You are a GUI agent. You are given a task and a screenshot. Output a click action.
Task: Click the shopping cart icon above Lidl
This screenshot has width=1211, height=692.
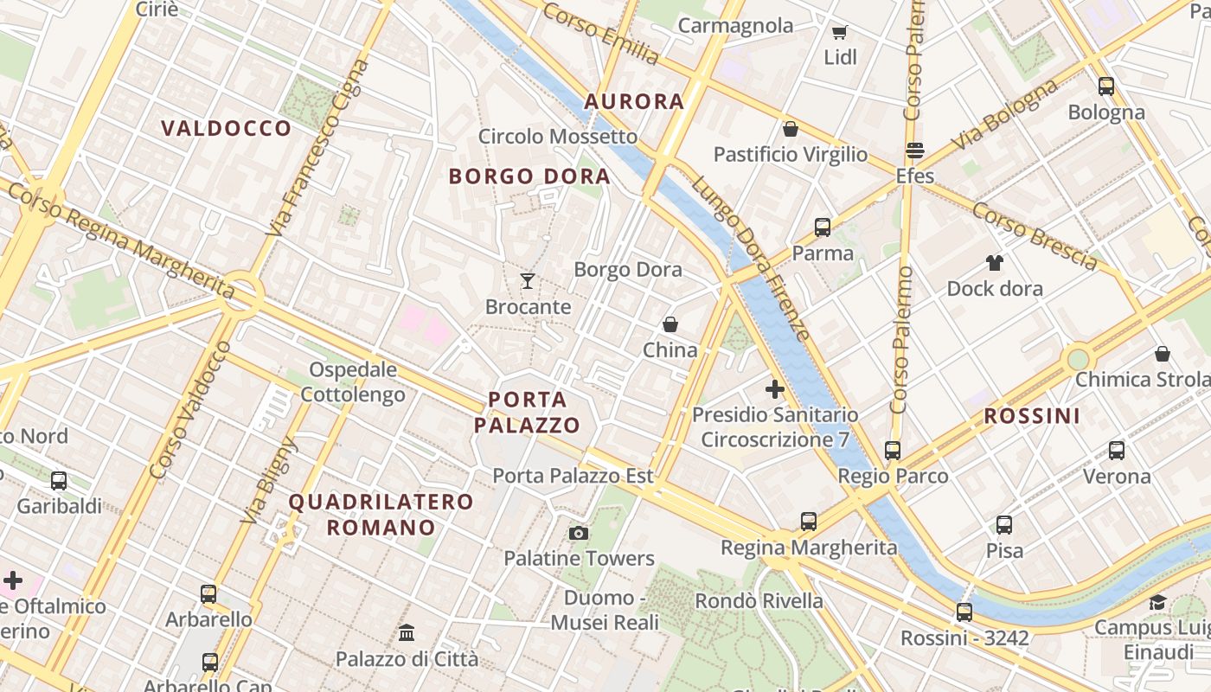tap(839, 33)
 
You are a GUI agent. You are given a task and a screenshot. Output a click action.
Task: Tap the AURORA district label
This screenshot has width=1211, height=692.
tap(634, 101)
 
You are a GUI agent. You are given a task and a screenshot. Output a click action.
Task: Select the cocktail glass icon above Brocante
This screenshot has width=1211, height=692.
tap(528, 280)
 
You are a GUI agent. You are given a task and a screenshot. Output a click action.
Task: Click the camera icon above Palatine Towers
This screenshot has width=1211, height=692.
tap(579, 533)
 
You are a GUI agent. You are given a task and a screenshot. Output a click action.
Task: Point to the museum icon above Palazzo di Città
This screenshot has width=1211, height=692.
tap(407, 633)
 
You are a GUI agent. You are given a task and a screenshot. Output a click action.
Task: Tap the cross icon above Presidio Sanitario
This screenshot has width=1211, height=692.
tap(775, 389)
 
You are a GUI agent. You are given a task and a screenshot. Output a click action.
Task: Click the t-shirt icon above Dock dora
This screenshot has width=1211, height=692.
tap(995, 262)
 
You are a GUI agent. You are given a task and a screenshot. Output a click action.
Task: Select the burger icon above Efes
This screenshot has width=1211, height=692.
tap(915, 151)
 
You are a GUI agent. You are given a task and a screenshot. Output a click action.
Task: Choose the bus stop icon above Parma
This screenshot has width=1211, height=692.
tap(823, 227)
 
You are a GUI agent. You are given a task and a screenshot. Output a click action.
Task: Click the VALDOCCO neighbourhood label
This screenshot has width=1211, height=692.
tap(227, 129)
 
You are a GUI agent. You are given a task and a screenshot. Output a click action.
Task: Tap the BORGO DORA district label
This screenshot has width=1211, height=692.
tap(529, 176)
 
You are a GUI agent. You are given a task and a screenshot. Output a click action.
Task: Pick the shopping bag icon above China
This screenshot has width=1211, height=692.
tap(670, 324)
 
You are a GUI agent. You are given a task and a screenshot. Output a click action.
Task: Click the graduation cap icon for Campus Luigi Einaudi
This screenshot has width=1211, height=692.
tap(1157, 602)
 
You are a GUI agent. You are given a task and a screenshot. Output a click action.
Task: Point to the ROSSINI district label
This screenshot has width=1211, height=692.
tap(1032, 416)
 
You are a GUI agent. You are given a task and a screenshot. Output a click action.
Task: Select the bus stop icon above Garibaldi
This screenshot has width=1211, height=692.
tap(59, 480)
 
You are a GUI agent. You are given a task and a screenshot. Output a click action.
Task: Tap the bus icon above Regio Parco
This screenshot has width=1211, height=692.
tap(893, 451)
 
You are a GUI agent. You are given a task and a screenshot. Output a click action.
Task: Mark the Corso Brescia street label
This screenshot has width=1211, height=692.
tap(1035, 235)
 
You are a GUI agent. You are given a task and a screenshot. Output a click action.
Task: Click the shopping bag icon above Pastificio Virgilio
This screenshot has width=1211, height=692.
tap(790, 129)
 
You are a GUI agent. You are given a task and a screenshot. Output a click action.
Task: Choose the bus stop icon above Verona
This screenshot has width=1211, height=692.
tap(1117, 451)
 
